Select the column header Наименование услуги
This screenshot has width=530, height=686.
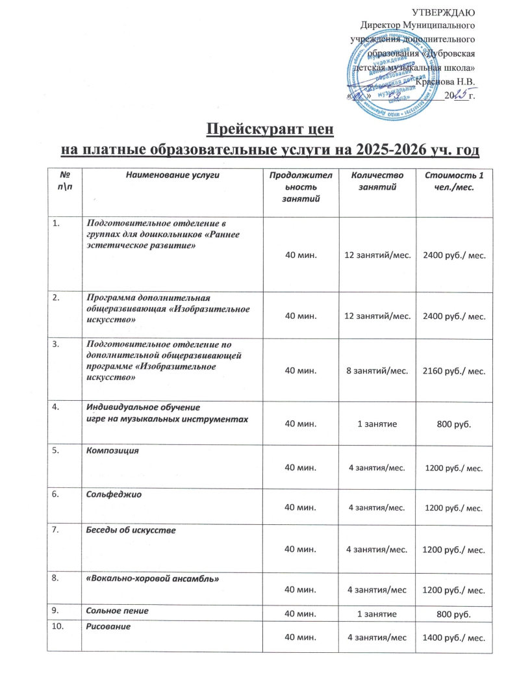pos(172,175)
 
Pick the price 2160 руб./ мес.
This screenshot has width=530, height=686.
pos(454,370)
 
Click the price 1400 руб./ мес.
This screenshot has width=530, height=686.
pos(454,637)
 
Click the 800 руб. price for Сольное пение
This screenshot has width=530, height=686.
pos(454,613)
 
